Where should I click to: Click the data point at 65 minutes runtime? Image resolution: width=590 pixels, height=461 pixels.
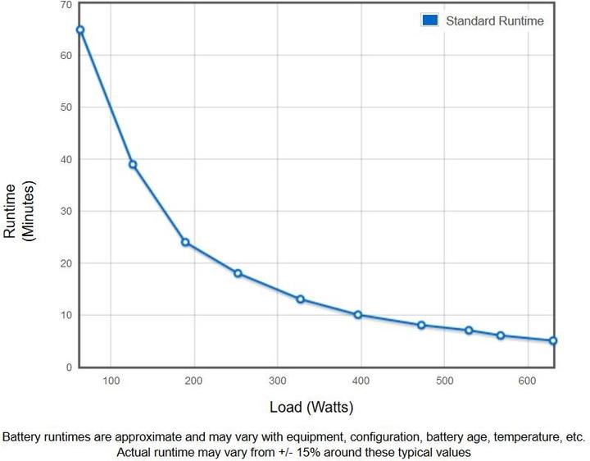pos(80,30)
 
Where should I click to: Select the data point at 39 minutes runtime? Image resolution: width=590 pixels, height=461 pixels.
pos(133,165)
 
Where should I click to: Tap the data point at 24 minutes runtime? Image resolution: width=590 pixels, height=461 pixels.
pos(185,243)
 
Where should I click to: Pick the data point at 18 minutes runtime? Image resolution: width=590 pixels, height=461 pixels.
pos(238,273)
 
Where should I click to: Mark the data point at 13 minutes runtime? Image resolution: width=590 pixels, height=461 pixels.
pos(301,299)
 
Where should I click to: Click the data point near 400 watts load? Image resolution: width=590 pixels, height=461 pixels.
pos(358,315)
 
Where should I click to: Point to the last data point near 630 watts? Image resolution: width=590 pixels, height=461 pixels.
pos(553,340)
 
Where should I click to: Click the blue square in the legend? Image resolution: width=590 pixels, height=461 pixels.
pos(430,21)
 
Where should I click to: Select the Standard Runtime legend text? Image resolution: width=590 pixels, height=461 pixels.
pos(494,21)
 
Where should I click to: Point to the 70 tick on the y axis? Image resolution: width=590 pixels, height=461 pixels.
pos(66,5)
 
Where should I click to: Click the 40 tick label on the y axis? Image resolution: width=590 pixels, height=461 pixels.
pos(66,159)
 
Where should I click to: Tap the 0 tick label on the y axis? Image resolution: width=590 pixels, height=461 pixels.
pos(69,367)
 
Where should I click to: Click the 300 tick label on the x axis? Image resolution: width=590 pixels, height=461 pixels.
pos(278,381)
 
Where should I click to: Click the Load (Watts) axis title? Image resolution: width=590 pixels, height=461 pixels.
pos(311,407)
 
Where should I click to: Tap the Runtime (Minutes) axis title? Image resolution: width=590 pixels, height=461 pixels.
pos(20,211)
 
